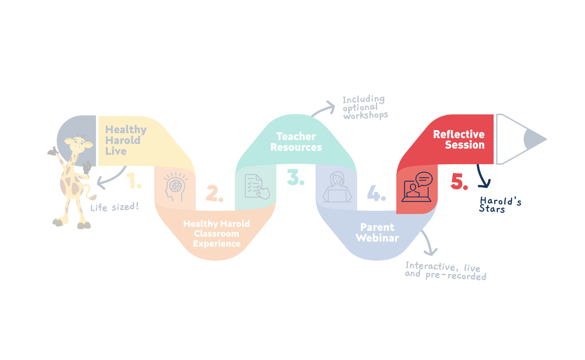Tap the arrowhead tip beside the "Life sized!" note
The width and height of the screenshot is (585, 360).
point(97,184)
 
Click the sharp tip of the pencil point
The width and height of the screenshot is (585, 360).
point(547,139)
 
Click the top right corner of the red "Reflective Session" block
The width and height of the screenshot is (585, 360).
point(494,115)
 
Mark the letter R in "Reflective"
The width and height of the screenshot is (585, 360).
point(437,134)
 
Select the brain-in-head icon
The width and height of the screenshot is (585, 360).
point(175,187)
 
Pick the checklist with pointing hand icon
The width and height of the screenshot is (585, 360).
point(257,186)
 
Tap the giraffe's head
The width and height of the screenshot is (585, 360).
point(79,143)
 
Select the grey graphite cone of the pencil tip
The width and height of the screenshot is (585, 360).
point(534,139)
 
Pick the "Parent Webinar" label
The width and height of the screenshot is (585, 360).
point(377,233)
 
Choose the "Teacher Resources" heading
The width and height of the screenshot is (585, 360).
point(296,142)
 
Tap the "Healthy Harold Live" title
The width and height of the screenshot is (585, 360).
point(126,140)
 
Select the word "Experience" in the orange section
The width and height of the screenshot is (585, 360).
point(217,244)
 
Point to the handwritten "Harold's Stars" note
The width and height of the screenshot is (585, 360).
point(500,205)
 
